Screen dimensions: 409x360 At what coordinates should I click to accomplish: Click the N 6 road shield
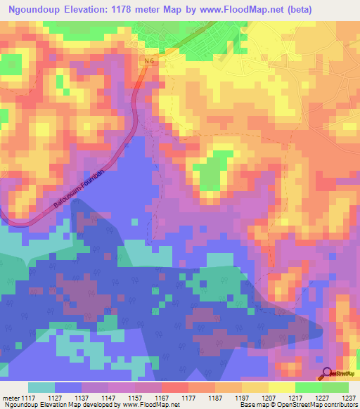tap(148, 62)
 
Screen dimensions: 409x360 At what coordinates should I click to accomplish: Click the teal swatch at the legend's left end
tap(41, 387)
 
